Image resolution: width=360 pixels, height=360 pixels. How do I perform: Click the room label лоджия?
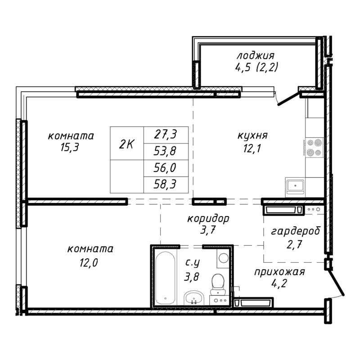(x=256, y=56)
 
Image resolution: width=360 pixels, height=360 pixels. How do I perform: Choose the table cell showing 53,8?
(x=165, y=151)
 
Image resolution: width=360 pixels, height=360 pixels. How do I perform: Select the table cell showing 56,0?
(x=165, y=168)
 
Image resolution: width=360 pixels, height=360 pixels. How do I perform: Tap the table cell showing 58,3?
(x=165, y=184)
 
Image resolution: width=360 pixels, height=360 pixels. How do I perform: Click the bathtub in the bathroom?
(x=166, y=278)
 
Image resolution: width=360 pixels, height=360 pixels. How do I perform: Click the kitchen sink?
(x=295, y=185)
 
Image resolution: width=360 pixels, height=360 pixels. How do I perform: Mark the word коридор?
(x=208, y=219)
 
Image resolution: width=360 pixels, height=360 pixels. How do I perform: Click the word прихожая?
(x=279, y=272)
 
